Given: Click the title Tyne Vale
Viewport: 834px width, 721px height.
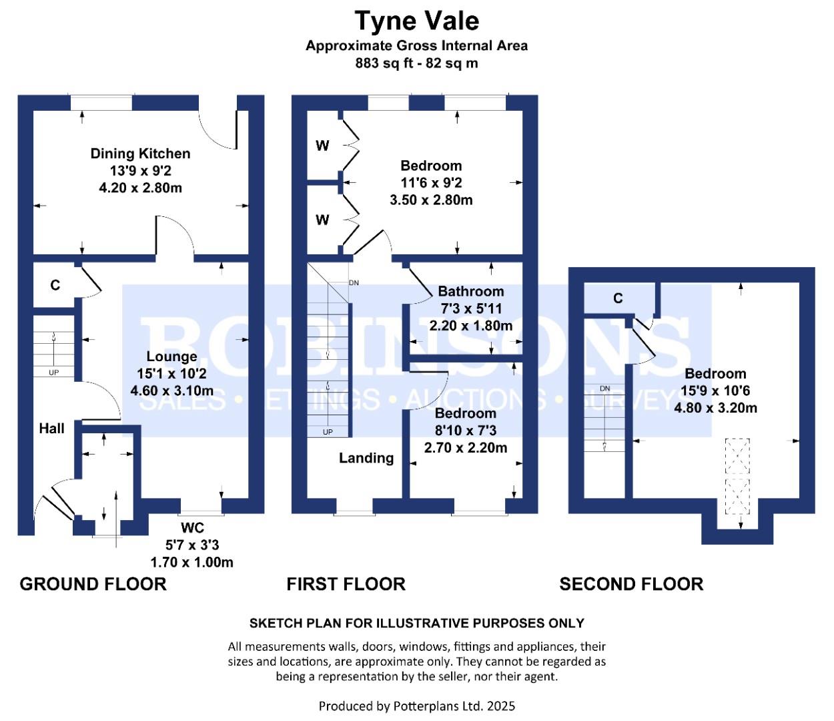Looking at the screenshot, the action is point(417,21).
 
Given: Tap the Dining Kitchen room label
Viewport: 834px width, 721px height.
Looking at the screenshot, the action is point(140,154).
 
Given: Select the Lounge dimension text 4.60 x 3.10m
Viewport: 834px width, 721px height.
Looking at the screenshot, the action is point(172,391).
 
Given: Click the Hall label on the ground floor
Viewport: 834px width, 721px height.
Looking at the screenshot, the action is point(51,429).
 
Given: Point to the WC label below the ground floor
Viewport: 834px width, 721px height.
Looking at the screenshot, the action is point(192,527).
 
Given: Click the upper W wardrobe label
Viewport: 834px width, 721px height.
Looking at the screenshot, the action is point(322,146).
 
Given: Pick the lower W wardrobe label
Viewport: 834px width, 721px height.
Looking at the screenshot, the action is point(322,220).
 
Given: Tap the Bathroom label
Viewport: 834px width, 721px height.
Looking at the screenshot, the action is point(471,291).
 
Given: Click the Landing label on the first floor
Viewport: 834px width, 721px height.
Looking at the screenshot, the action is point(366,458).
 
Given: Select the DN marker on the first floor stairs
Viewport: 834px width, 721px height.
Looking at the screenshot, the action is point(354,283).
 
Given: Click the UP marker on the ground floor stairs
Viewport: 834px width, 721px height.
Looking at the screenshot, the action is point(53,373).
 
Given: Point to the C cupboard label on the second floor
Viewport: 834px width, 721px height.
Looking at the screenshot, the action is point(618,298).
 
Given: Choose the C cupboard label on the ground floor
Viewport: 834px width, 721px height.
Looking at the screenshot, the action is point(55,286).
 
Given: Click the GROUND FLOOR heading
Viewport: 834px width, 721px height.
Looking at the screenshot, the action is point(93,584).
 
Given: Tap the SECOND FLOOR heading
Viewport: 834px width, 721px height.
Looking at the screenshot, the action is point(631,584).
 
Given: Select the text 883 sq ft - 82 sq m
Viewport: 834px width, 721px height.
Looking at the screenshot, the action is point(417,63).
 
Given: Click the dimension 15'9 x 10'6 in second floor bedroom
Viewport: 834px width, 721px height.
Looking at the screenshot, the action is point(715,391).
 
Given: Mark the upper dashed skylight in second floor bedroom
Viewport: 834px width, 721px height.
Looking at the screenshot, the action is point(737,456).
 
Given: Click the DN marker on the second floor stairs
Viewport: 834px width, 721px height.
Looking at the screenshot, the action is point(605,389).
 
